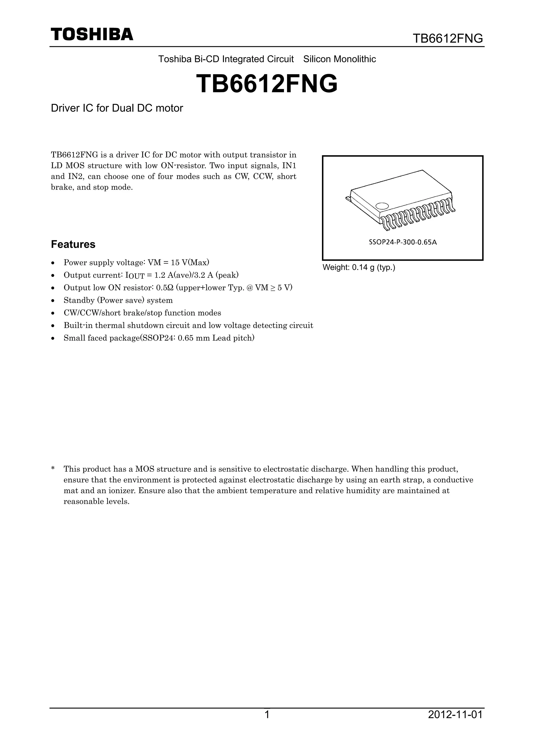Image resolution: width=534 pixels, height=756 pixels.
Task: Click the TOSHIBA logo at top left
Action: pyautogui.click(x=92, y=34)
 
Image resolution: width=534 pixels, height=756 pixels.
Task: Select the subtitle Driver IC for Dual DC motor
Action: pyautogui.click(x=117, y=108)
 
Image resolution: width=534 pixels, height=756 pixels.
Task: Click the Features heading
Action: pyautogui.click(x=73, y=244)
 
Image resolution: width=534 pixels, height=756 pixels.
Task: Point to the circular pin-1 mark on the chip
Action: pyautogui.click(x=382, y=206)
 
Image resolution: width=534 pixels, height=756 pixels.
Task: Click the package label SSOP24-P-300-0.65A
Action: pyautogui.click(x=403, y=243)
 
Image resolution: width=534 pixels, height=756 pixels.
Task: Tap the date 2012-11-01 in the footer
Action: pyautogui.click(x=455, y=715)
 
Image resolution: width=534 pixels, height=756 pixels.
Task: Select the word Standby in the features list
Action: pyautogui.click(x=77, y=300)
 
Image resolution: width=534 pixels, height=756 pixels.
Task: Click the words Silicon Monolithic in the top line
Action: pyautogui.click(x=339, y=59)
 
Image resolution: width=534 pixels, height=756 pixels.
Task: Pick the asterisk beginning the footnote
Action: pyautogui.click(x=53, y=469)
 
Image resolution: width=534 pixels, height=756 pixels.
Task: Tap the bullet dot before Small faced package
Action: pyautogui.click(x=53, y=338)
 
